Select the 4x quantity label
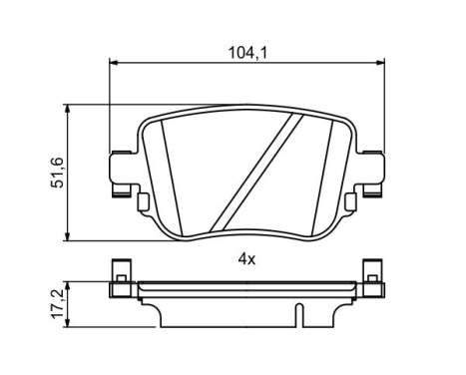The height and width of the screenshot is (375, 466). pos(247,259)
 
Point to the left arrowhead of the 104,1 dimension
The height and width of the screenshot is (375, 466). pos(113,63)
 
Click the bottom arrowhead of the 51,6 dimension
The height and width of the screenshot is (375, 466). pos(67,236)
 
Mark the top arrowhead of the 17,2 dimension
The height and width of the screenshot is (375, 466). pos(67,284)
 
